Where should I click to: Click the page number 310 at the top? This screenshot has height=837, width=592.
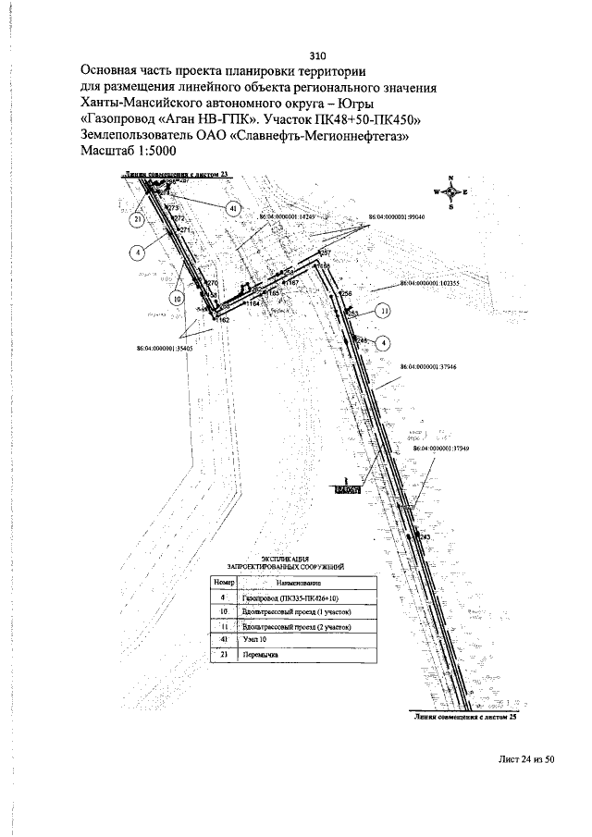tap(317, 54)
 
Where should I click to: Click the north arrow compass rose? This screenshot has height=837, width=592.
tap(450, 191)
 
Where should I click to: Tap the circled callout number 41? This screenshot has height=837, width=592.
tap(233, 209)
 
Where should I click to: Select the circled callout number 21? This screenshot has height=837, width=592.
tap(137, 220)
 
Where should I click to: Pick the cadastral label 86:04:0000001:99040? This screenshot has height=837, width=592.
tap(396, 216)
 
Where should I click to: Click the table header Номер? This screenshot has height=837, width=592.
tap(225, 583)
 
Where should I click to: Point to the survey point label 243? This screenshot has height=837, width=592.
tap(425, 536)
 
